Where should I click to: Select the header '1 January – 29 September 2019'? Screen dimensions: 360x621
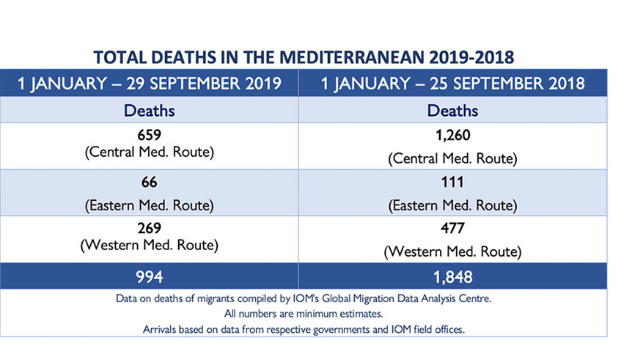[150, 83]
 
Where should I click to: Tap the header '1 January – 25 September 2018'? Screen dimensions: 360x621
[453, 83]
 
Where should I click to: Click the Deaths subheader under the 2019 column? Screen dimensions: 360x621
[149, 111]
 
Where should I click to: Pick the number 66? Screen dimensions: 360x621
[149, 182]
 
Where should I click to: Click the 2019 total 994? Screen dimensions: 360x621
[149, 277]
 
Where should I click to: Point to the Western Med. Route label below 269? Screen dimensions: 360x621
[149, 245]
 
